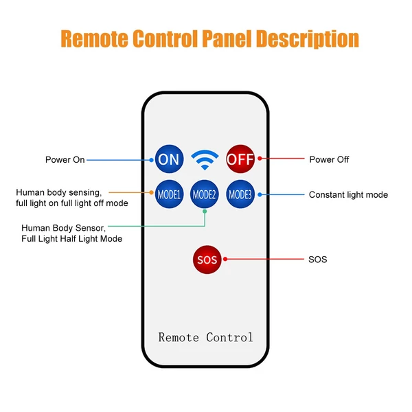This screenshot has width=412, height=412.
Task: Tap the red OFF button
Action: click(240, 159)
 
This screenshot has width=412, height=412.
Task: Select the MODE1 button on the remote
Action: click(169, 194)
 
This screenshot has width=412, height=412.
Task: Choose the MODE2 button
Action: click(204, 194)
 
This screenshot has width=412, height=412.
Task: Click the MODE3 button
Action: click(240, 194)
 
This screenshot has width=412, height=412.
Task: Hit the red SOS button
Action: click(207, 260)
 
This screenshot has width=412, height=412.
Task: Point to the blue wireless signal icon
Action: click(205, 159)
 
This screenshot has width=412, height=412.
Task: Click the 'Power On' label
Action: click(65, 160)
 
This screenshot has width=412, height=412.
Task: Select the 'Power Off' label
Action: click(329, 159)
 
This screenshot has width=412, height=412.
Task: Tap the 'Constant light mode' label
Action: click(348, 195)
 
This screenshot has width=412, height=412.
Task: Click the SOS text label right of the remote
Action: click(318, 260)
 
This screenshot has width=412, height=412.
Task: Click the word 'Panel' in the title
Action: click(227, 38)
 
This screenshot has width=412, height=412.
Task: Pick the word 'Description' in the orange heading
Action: click(308, 39)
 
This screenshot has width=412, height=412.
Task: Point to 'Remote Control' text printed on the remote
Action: click(205, 337)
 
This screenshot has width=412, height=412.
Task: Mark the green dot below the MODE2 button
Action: click(205, 211)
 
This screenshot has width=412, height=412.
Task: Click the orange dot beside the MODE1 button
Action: click(151, 192)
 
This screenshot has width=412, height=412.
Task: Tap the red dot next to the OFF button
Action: click(260, 158)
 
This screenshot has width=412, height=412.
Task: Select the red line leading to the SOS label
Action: click(265, 259)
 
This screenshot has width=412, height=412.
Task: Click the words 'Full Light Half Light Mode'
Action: click(71, 239)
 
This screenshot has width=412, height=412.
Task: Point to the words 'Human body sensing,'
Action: click(59, 192)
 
